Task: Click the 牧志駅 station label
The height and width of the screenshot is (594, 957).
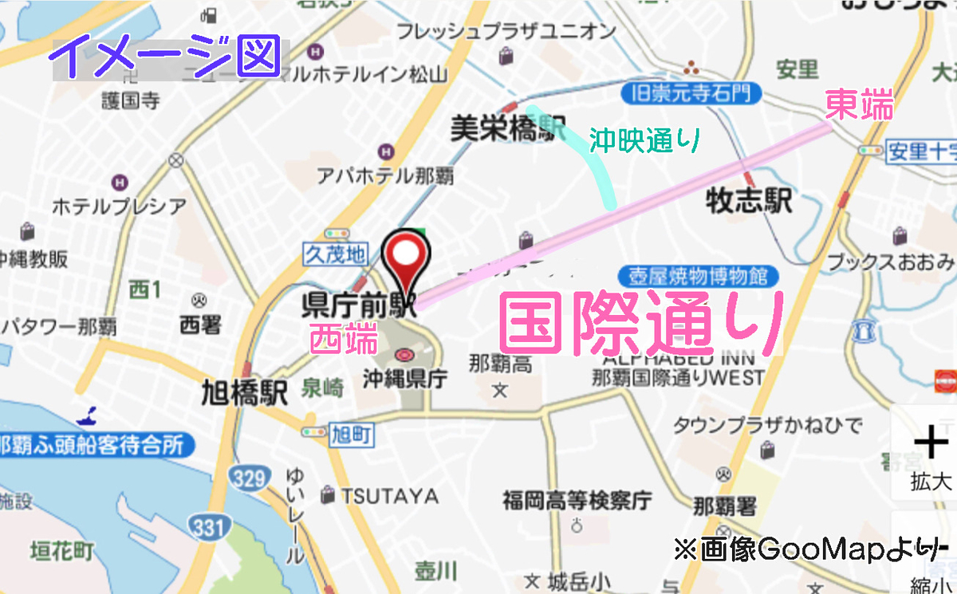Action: click(x=750, y=201)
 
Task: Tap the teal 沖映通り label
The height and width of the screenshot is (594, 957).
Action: click(x=644, y=141)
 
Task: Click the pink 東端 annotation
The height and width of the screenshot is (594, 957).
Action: click(x=858, y=105)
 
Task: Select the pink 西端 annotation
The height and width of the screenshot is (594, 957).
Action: click(x=344, y=340)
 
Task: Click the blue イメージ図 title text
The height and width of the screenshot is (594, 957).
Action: click(x=168, y=57)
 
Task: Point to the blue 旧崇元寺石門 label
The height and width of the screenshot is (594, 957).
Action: click(x=691, y=94)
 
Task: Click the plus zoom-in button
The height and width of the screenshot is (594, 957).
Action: click(x=930, y=443)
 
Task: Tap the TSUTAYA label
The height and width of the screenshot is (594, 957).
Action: click(x=390, y=496)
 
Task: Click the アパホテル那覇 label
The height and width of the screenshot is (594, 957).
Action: click(x=385, y=175)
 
